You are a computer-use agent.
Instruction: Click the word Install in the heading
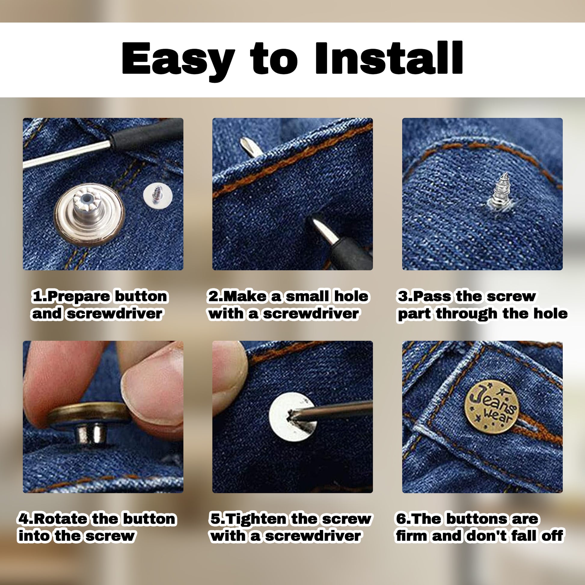[x=388, y=58]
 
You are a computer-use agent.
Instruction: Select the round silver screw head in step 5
[x=292, y=417]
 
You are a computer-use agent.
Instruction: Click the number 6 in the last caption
[x=401, y=519]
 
